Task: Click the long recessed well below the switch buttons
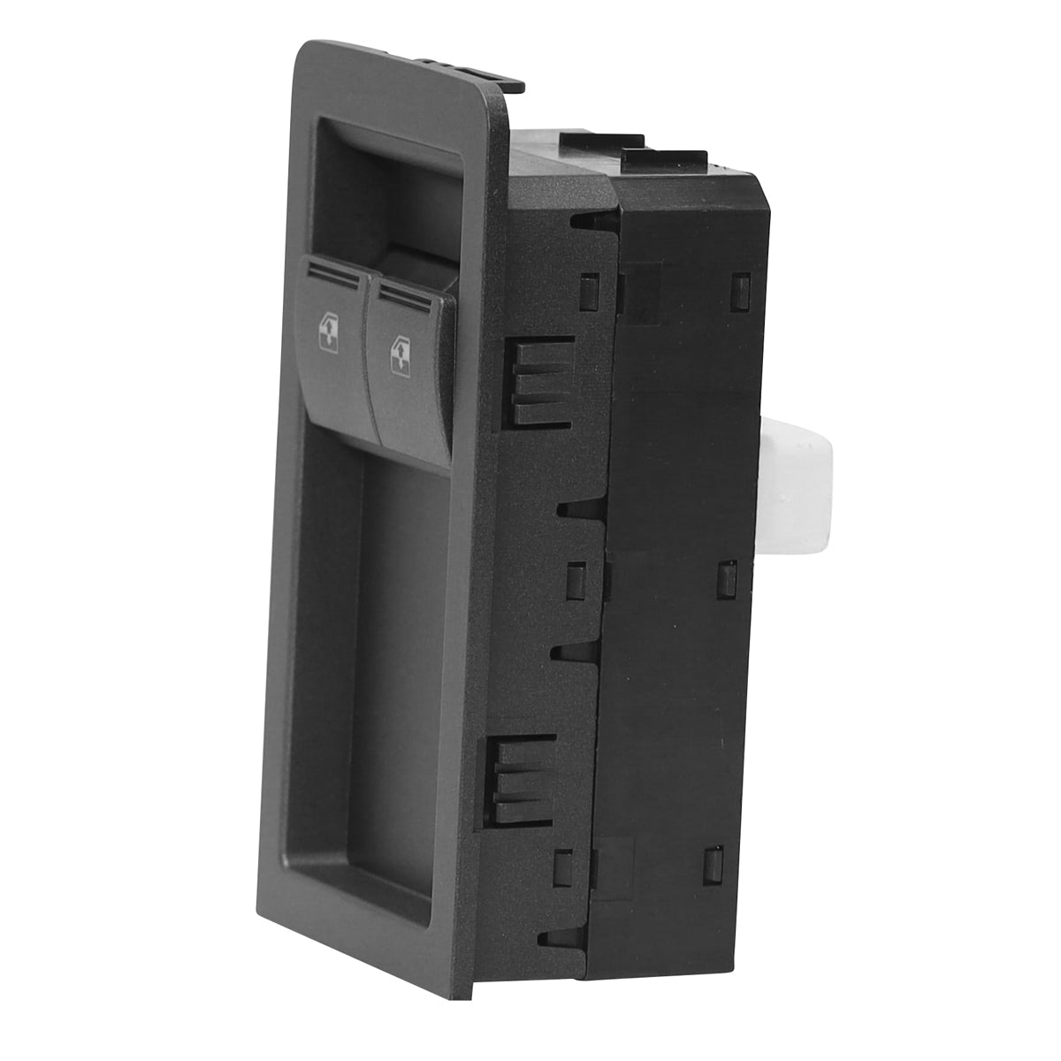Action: pyautogui.click(x=363, y=654)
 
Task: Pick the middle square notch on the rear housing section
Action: pyautogui.click(x=728, y=578)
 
